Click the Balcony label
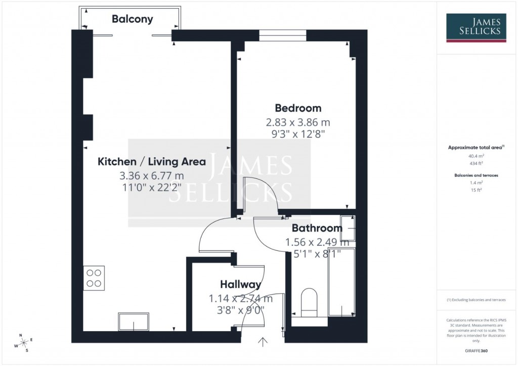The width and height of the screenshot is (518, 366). pyautogui.click(x=132, y=19)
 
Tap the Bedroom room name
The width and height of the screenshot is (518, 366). pyautogui.click(x=298, y=108)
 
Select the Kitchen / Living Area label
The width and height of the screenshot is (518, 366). pyautogui.click(x=151, y=162)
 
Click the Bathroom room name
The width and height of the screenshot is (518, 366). pyautogui.click(x=317, y=228)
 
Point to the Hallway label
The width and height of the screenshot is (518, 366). pyautogui.click(x=240, y=285)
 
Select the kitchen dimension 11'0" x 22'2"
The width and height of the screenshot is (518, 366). pyautogui.click(x=151, y=188)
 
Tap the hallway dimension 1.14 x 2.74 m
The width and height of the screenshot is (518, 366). pyautogui.click(x=240, y=298)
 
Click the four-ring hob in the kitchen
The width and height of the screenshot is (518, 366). pyautogui.click(x=94, y=277)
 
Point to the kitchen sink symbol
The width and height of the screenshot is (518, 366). pyautogui.click(x=134, y=321)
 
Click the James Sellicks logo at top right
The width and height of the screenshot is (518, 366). pyautogui.click(x=476, y=28)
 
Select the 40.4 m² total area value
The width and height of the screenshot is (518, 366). pyautogui.click(x=476, y=157)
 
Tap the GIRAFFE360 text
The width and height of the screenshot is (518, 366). pyautogui.click(x=476, y=350)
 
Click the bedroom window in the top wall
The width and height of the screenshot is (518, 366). pyautogui.click(x=282, y=35)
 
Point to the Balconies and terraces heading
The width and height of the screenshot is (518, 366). pyautogui.click(x=476, y=175)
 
